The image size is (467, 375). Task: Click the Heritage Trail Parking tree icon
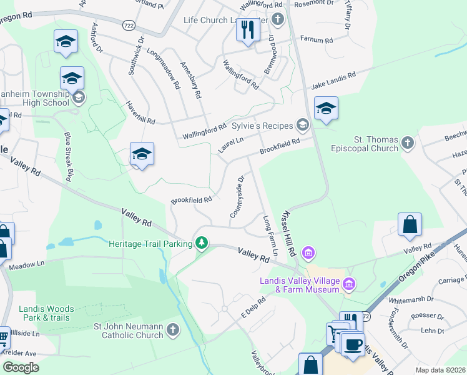(201, 242)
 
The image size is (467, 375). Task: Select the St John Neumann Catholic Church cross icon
(173, 329)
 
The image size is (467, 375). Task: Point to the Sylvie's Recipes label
(262, 126)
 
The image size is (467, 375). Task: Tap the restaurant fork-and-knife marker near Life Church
(248, 29)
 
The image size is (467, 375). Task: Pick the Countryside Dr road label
(237, 197)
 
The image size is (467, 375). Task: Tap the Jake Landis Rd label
(333, 80)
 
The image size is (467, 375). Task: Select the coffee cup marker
(353, 344)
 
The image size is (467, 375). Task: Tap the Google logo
(21, 367)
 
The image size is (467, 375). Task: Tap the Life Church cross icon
(278, 20)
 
